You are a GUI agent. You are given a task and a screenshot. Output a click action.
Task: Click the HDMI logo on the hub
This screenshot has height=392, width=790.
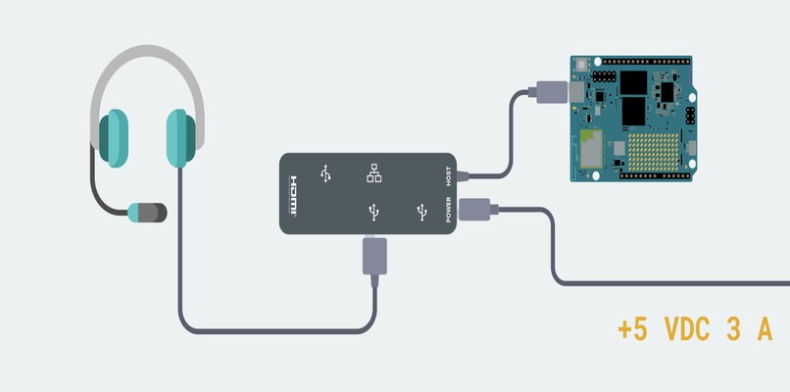click(x=293, y=197)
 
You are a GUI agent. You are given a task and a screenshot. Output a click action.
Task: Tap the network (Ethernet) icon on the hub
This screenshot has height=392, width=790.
click(x=373, y=172)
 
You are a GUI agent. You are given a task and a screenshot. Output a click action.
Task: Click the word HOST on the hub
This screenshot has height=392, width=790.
click(x=448, y=176)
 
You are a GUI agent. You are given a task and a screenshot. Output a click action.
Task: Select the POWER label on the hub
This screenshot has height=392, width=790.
click(x=448, y=210)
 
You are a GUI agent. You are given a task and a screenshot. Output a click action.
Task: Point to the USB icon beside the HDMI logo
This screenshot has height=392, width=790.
click(x=326, y=173)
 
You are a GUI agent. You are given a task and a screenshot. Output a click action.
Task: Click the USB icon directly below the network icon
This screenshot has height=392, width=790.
click(x=373, y=212)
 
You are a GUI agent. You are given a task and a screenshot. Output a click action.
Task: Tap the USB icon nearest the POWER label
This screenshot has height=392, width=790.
click(x=421, y=212)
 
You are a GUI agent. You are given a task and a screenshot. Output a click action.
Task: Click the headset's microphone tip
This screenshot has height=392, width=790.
click(x=147, y=213)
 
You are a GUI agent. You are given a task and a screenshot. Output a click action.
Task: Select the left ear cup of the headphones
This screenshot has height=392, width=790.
click(x=114, y=138)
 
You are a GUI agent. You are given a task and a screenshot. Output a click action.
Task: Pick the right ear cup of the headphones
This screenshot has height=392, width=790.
click(x=181, y=138)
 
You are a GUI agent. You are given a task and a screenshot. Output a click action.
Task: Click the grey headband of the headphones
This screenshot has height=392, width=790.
click(x=147, y=71)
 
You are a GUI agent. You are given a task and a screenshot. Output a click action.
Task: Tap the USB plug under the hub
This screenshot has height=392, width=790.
click(x=374, y=257)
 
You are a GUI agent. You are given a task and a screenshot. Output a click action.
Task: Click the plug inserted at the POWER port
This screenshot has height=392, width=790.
click(x=477, y=209)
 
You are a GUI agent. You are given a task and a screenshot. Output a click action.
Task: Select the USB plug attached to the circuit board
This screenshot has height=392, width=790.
click(x=552, y=92)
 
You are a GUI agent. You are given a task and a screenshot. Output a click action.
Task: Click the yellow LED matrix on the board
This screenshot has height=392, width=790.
click(x=654, y=152)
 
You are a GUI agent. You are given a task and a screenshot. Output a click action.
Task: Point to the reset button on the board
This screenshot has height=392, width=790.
click(x=583, y=65)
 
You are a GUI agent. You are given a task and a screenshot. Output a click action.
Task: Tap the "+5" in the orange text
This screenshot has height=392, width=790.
click(x=632, y=330)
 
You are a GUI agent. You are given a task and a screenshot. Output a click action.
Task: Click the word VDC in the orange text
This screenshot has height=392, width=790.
click(x=687, y=330)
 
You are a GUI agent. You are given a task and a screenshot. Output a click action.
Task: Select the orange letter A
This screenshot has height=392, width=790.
click(x=765, y=330)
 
